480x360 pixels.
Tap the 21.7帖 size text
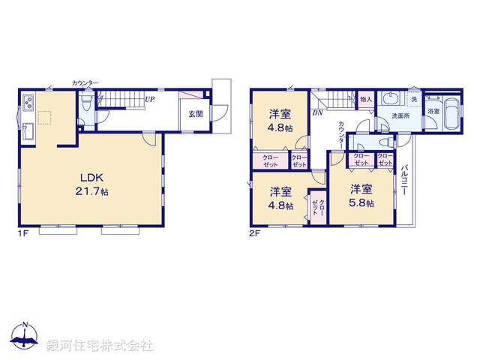[92, 192]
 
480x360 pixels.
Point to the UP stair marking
[150, 99]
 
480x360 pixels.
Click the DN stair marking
[318, 112]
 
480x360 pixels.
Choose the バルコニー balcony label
[404, 181]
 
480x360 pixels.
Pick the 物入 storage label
[366, 99]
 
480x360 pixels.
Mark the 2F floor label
[254, 233]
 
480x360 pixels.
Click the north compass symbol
[25, 336]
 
